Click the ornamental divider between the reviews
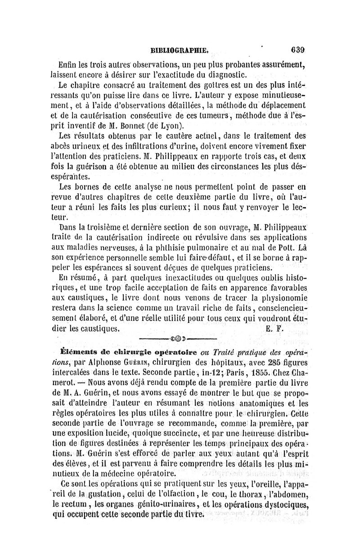(x=177, y=338)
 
